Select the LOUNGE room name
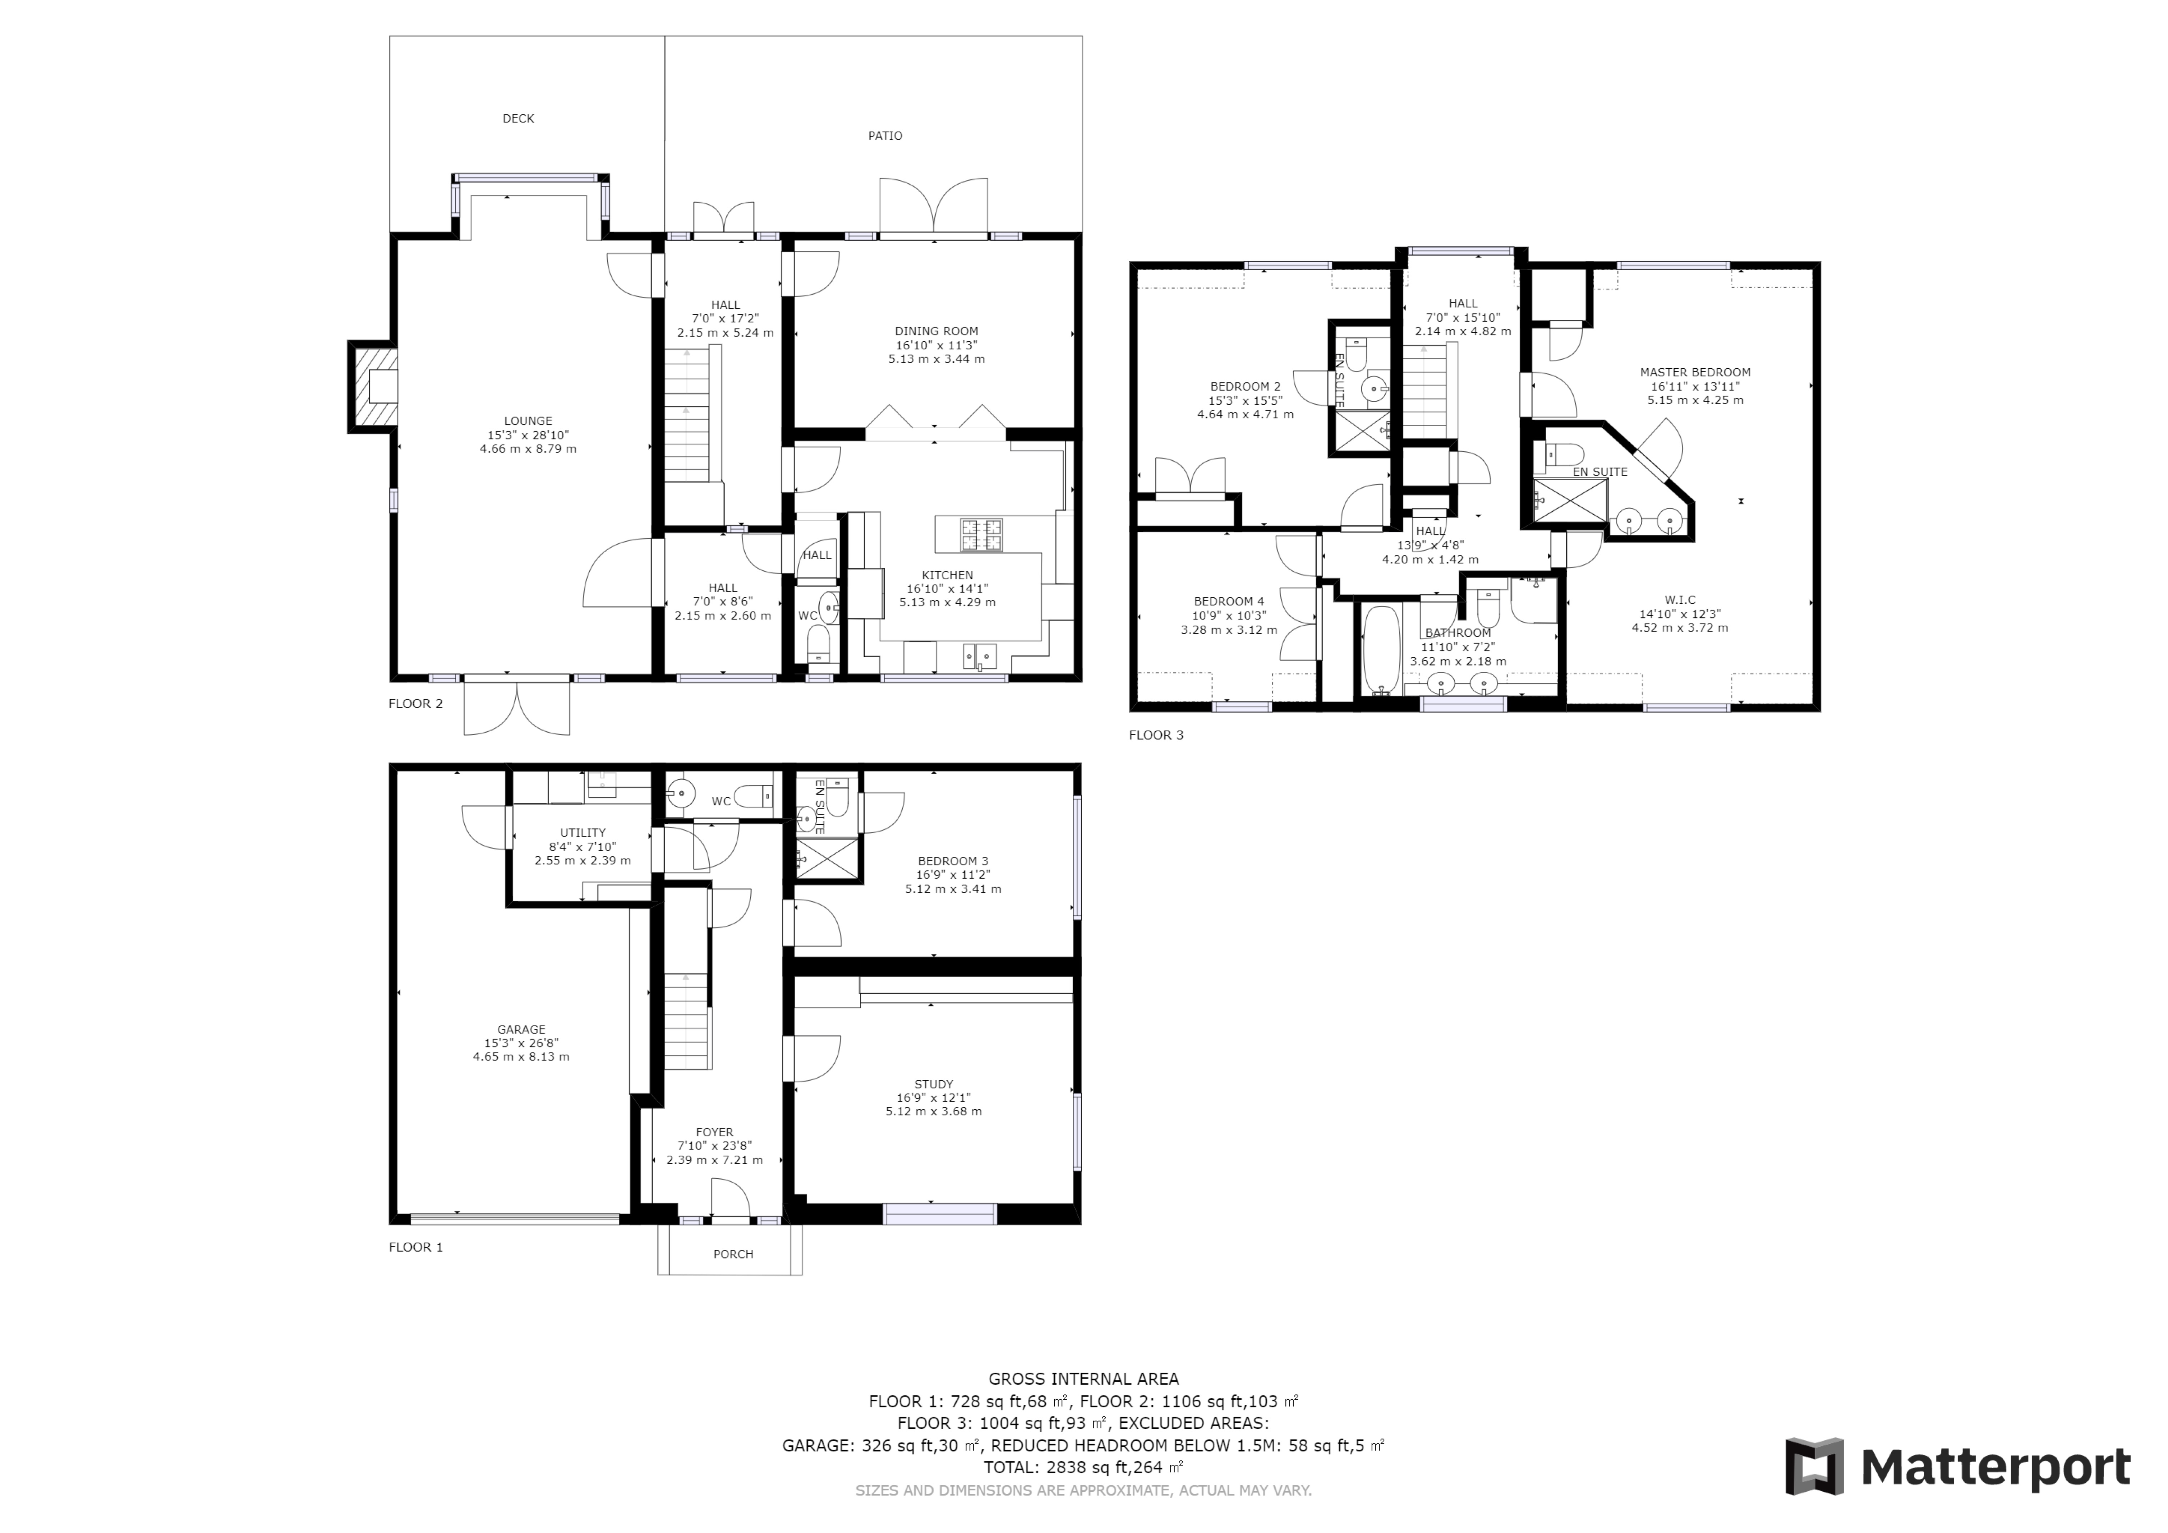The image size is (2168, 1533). (528, 421)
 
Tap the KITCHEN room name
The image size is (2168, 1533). (947, 575)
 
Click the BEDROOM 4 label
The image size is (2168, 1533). (1229, 601)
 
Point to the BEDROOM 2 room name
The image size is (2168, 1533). (1246, 386)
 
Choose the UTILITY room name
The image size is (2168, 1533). (583, 833)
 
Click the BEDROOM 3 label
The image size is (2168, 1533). (953, 861)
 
